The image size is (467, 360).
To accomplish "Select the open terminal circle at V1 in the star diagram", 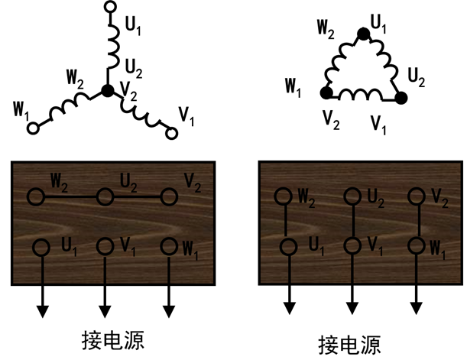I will (x=172, y=134).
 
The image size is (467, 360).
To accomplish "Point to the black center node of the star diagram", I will (x=108, y=91).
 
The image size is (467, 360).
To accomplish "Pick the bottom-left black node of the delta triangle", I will (x=326, y=94).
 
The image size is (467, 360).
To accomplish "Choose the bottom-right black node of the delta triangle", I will (x=401, y=98).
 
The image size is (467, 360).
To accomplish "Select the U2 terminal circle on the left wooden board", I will (x=103, y=196).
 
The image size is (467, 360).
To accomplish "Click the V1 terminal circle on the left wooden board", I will (x=103, y=246).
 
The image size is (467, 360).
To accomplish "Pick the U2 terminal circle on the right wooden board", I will (x=352, y=196).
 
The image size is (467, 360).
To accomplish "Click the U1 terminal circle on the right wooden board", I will (x=288, y=247).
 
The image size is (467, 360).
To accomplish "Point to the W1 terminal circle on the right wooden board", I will (x=416, y=247).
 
